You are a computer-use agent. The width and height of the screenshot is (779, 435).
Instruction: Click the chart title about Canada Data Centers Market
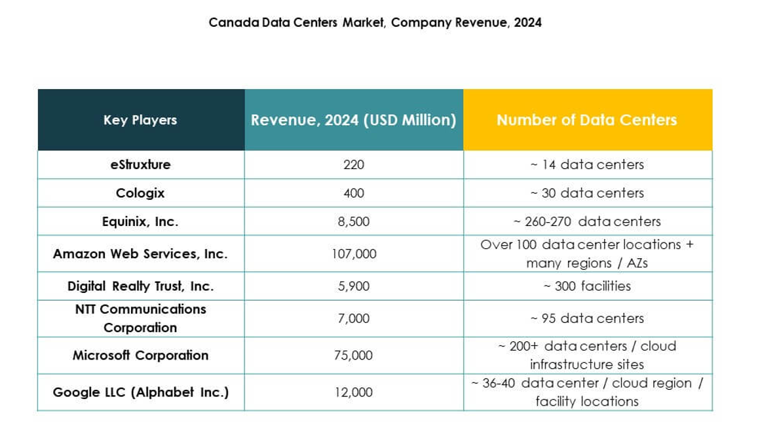pyautogui.click(x=375, y=22)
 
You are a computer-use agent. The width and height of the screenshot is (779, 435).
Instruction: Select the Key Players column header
pyautogui.click(x=140, y=120)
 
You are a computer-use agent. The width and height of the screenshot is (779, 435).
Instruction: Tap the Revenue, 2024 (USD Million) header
pyautogui.click(x=354, y=120)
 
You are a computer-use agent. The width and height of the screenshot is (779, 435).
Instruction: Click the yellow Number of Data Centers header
pyautogui.click(x=587, y=120)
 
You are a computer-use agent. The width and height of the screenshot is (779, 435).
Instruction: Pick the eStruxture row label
pyautogui.click(x=140, y=164)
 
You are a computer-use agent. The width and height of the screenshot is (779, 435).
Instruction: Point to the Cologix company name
pyautogui.click(x=140, y=193)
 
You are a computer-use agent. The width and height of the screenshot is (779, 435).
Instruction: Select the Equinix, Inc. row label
pyautogui.click(x=140, y=221)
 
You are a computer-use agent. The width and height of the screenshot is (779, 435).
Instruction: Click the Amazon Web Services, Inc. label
pyautogui.click(x=140, y=254)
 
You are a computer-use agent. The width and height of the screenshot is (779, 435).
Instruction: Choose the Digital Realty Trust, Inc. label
pyautogui.click(x=140, y=286)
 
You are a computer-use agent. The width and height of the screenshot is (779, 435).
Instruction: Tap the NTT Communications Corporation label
pyautogui.click(x=140, y=318)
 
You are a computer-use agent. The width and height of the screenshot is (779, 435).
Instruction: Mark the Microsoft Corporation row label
pyautogui.click(x=140, y=355)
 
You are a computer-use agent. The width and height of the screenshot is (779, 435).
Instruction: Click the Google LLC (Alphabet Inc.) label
pyautogui.click(x=140, y=392)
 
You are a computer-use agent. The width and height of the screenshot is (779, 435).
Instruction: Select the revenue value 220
pyautogui.click(x=354, y=164)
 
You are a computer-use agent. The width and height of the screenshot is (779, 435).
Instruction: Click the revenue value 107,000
pyautogui.click(x=354, y=254)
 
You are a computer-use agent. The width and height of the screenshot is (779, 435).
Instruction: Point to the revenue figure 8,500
pyautogui.click(x=354, y=221)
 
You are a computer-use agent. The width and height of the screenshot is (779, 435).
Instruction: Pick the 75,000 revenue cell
pyautogui.click(x=354, y=355)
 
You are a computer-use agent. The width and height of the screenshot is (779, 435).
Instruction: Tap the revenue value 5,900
pyautogui.click(x=354, y=286)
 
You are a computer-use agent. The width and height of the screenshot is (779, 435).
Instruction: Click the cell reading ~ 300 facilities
pyautogui.click(x=587, y=286)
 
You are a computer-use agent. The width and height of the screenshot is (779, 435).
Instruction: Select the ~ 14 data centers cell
pyautogui.click(x=587, y=164)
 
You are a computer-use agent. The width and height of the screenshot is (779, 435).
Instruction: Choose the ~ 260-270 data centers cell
pyautogui.click(x=587, y=221)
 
